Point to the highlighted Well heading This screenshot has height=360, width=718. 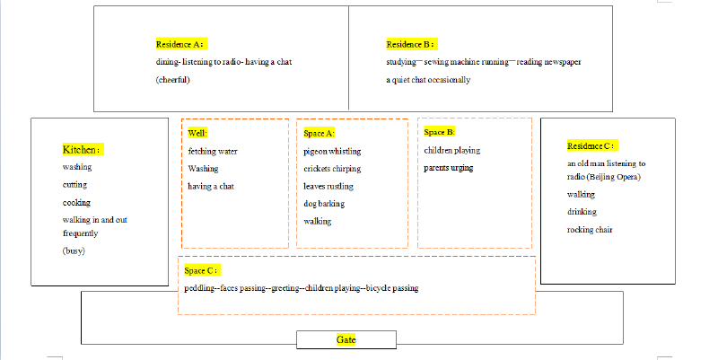tap(197, 133)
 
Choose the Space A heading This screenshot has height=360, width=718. tap(320, 133)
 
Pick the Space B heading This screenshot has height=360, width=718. tap(439, 132)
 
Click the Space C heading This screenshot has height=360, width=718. tap(200, 271)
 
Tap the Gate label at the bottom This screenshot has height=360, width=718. tap(346, 340)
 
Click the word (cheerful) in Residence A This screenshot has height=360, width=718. tap(172, 80)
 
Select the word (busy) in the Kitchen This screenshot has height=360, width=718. tap(74, 251)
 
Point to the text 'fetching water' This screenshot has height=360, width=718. tap(213, 151)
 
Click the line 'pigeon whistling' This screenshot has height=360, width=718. tap(332, 151)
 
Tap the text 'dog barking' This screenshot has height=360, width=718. tap(324, 204)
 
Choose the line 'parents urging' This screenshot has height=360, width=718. tap(448, 168)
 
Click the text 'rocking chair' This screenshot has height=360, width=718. tap(590, 230)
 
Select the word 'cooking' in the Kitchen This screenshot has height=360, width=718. tap(76, 202)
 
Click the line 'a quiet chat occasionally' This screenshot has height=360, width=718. tap(428, 80)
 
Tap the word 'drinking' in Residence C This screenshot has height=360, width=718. tap(582, 212)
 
